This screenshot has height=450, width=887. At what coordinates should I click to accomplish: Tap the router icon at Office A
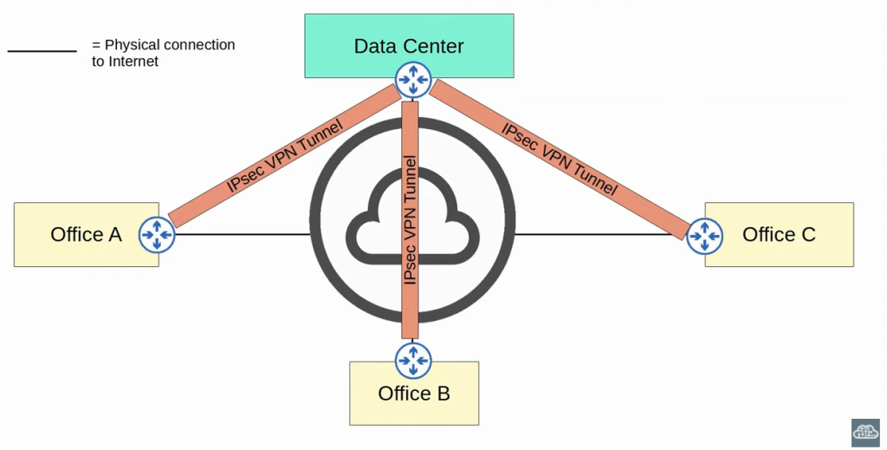tap(157, 234)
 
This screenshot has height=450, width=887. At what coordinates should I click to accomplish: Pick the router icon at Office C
tap(704, 236)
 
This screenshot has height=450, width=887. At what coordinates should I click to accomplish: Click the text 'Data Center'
tap(409, 46)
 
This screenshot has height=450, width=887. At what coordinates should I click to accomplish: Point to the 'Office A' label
tap(86, 234)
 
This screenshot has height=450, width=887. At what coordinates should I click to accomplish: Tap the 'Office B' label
tap(414, 394)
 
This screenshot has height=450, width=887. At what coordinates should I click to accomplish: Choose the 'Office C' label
tap(779, 234)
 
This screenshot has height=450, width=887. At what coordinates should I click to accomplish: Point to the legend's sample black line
tap(42, 51)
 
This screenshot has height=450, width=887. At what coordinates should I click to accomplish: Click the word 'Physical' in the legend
tap(133, 44)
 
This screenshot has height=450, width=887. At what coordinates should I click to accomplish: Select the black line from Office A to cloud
tap(243, 234)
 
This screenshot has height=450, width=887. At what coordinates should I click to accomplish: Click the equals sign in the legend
tap(96, 44)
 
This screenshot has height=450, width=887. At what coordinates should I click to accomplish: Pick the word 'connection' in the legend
tap(199, 44)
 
